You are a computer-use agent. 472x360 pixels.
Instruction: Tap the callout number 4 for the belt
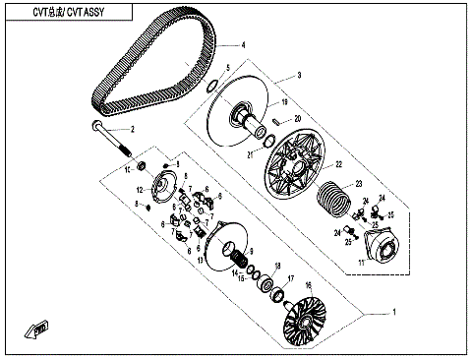(241, 45)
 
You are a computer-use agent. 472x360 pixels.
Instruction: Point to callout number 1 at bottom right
(393, 313)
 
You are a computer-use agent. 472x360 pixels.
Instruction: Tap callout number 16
(307, 285)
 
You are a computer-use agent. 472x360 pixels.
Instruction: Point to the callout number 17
(291, 278)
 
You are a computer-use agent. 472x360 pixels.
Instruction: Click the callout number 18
(277, 267)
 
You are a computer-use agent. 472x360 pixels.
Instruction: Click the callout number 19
(282, 101)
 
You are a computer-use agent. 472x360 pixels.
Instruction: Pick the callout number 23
(360, 184)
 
